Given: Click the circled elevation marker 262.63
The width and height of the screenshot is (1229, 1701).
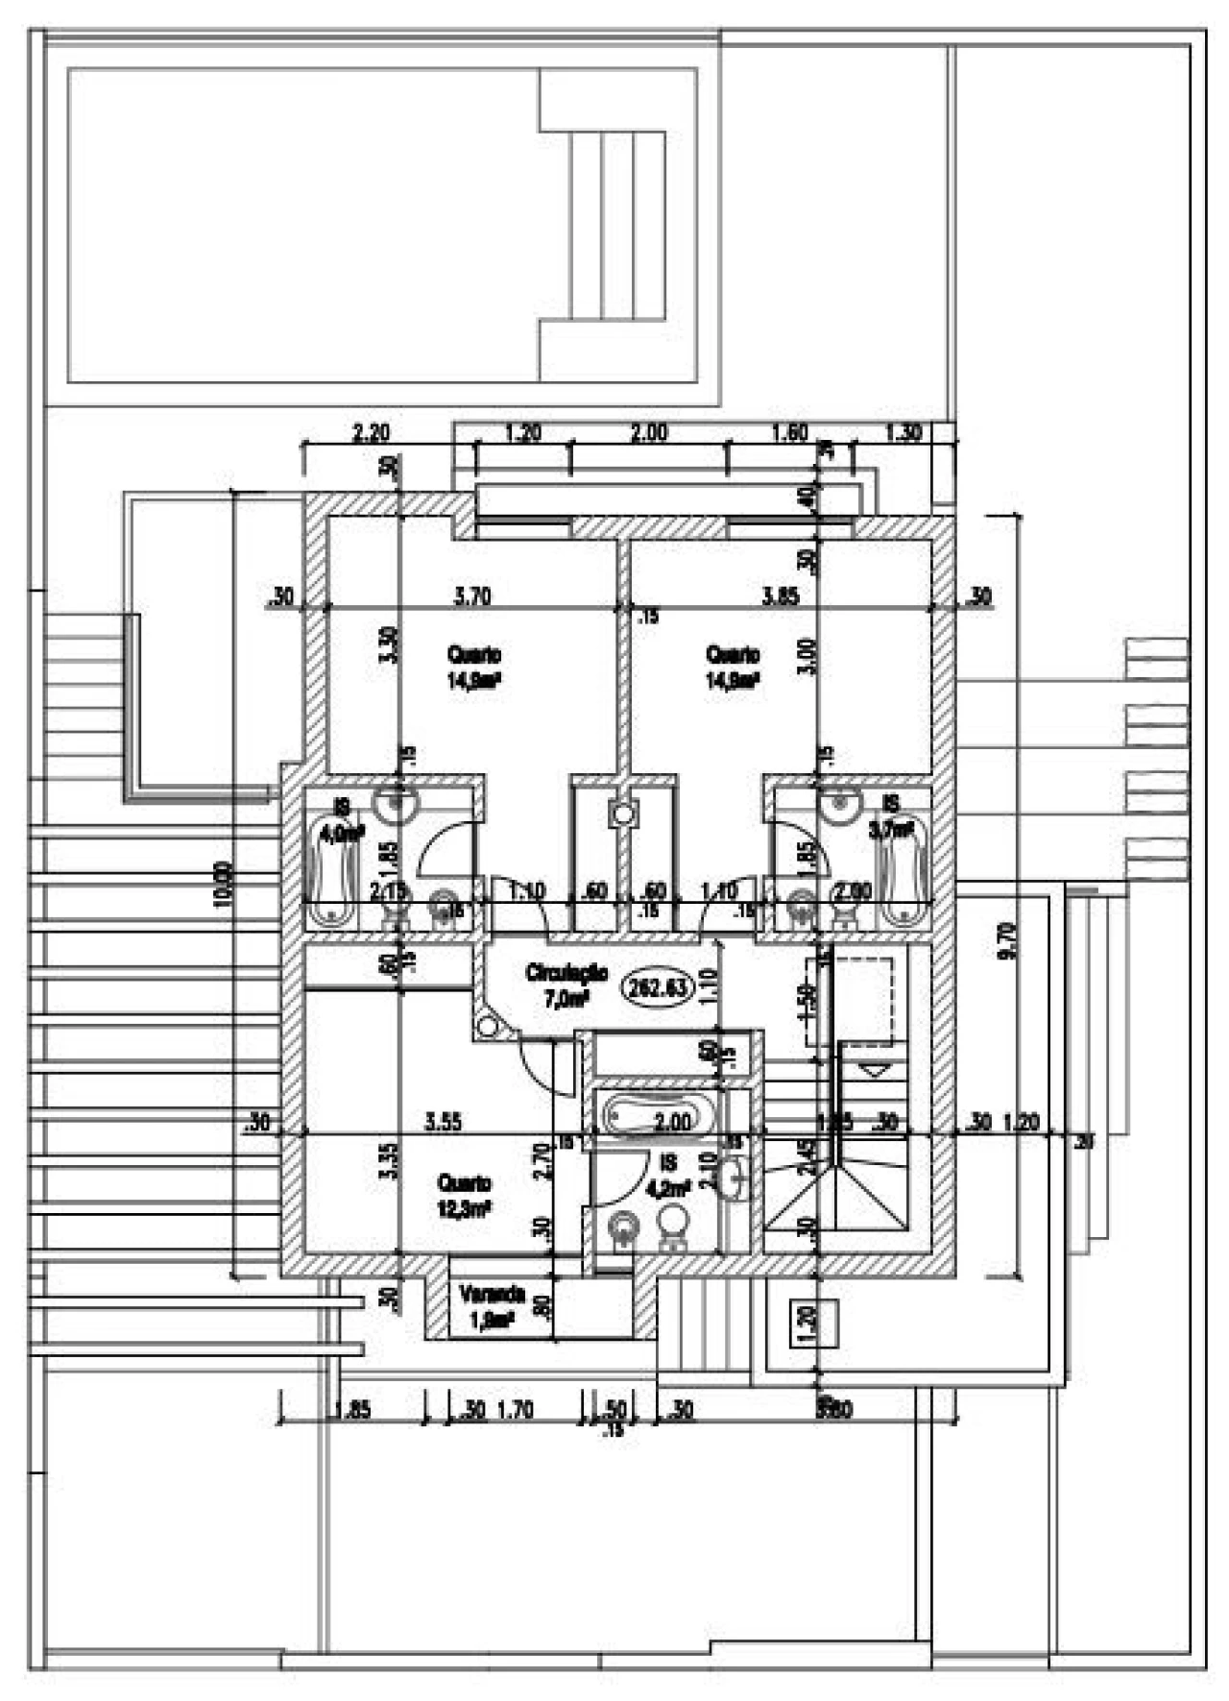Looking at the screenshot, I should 658,987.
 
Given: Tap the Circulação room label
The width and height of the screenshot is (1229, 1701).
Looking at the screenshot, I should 566,973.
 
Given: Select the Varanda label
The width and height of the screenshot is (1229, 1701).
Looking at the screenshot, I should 492,1294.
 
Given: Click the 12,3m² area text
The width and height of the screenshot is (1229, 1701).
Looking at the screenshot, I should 465,1209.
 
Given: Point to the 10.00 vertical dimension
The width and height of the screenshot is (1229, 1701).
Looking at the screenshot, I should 223,884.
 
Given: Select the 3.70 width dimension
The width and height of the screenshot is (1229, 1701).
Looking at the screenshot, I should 471,596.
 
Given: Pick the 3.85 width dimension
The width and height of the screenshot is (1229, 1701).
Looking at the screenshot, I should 780,596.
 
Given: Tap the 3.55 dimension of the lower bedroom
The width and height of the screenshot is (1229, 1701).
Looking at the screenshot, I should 444,1122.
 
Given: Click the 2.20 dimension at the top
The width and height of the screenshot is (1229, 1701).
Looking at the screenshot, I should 371,433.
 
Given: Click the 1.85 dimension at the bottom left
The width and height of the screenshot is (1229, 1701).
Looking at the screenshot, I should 352,1411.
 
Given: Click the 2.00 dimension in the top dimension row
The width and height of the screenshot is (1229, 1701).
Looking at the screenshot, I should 649,433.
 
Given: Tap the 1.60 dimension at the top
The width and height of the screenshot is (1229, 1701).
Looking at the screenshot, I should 789,433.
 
